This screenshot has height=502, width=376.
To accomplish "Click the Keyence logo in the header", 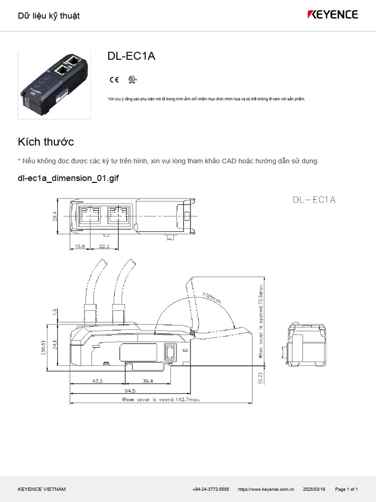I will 332,15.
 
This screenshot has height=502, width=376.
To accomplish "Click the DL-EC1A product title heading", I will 131,56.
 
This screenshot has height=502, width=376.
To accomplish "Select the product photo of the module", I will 54,84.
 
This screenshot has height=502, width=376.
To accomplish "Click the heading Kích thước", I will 46,142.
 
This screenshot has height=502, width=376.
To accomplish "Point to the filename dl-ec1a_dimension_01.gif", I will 68,178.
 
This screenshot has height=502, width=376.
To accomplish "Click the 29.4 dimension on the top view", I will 55,215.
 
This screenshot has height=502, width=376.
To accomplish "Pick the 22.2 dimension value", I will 103,246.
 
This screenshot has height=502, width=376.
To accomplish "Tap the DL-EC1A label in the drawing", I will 314,200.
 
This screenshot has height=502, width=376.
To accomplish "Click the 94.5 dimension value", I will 130,390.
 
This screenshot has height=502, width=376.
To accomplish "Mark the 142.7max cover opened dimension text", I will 161,400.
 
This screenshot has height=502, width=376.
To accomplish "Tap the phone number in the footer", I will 211,489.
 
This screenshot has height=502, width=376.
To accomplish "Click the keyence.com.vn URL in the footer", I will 266,489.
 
